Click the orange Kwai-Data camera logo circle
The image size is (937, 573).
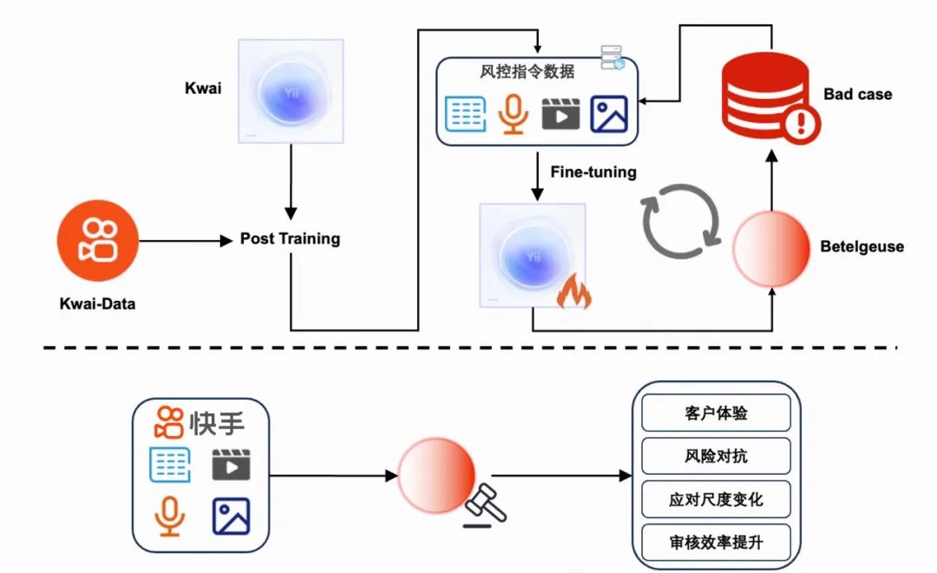click(x=97, y=239)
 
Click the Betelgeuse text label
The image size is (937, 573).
click(x=862, y=247)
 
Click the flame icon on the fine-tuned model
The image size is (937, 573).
click(x=573, y=294)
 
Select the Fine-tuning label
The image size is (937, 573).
click(x=593, y=172)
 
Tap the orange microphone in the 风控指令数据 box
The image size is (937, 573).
click(x=514, y=114)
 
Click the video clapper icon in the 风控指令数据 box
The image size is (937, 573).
click(x=560, y=114)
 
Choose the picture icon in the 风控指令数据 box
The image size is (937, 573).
click(x=609, y=114)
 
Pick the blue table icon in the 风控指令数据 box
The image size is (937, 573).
click(x=465, y=114)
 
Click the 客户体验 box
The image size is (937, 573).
click(x=716, y=413)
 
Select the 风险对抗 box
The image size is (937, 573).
click(x=716, y=456)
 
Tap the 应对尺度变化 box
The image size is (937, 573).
click(x=716, y=499)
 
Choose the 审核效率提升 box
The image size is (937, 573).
click(x=716, y=543)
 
